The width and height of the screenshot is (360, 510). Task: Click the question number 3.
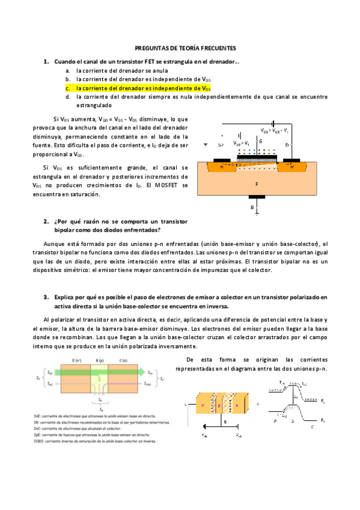[46, 296]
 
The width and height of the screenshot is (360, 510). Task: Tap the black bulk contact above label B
[257, 197]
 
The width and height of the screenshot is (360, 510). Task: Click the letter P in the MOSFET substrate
[257, 183]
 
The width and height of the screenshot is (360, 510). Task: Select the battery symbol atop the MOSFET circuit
[273, 120]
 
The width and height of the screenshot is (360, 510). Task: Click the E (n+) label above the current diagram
[77, 360]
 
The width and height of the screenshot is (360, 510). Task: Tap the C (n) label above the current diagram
[123, 360]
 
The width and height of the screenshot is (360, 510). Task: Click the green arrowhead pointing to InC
[138, 373]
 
